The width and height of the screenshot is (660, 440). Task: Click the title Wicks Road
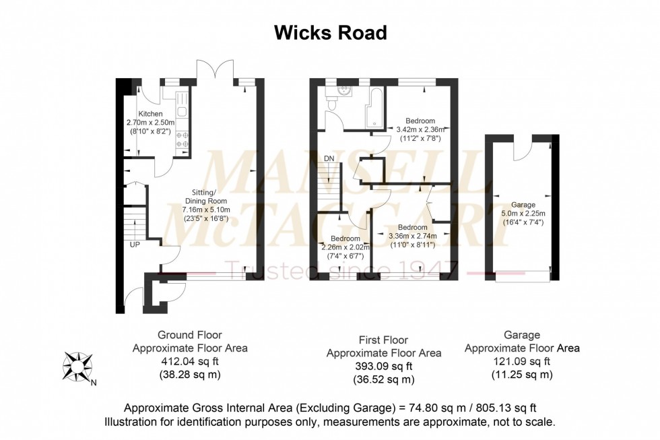point(330,32)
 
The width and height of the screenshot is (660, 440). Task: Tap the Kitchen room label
point(150,114)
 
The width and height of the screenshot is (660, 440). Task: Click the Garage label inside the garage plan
point(523,205)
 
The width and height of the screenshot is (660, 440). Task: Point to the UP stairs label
point(135,243)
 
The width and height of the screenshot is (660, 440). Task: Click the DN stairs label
point(329,158)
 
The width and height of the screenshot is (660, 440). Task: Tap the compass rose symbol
point(76,367)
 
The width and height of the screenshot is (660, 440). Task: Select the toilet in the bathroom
point(332,102)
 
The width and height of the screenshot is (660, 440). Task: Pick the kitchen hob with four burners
point(182,139)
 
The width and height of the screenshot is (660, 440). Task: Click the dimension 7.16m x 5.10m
point(210,210)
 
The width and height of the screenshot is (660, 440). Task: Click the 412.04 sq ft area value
point(189,361)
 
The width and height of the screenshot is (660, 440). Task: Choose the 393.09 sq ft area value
point(384,366)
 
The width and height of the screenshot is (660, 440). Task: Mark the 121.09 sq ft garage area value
point(522,361)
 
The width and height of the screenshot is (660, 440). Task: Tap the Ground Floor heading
point(189,335)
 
